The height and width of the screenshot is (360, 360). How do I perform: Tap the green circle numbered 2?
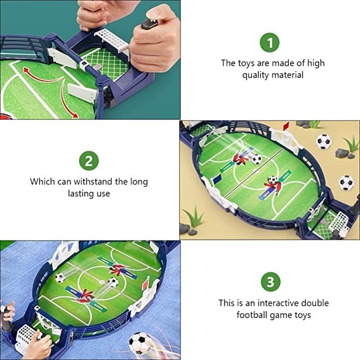point(89,161)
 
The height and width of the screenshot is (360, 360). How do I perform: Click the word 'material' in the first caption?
point(286,75)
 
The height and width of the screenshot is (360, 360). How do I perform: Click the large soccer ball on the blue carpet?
point(140,342)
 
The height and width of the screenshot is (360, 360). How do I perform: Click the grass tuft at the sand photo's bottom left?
point(195,217)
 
